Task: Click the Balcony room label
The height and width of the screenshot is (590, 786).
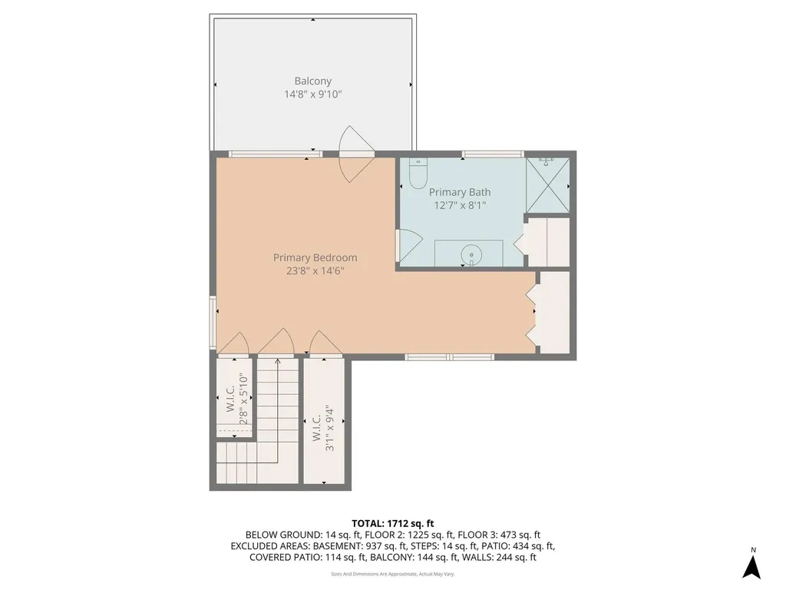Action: [312, 81]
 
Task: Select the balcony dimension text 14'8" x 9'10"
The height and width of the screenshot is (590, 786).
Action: [312, 94]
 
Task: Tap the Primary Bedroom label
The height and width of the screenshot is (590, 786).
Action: [315, 258]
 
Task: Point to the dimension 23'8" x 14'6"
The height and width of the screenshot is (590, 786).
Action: [315, 270]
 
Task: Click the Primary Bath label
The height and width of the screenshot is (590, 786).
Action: [460, 192]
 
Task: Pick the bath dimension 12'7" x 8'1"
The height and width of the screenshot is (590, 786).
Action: [460, 205]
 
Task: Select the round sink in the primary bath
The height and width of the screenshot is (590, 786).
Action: [469, 254]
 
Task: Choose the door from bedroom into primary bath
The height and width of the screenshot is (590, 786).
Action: [404, 244]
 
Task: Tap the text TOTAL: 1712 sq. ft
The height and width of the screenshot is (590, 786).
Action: [392, 523]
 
